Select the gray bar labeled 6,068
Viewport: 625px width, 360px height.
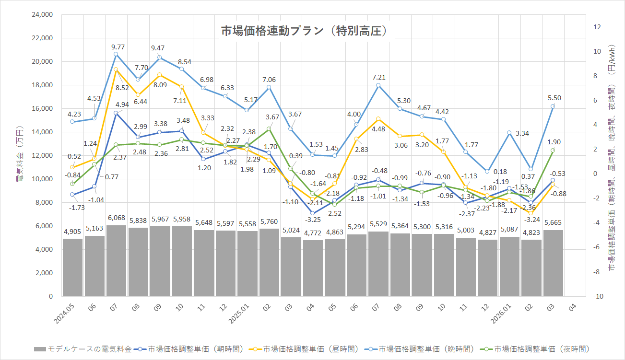point(116,261)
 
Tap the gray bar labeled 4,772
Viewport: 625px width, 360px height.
point(312,268)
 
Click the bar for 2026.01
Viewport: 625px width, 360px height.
point(509,266)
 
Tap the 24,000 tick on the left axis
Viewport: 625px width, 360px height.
point(42,15)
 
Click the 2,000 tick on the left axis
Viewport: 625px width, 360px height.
point(44,273)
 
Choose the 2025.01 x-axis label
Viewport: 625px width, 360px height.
point(246,312)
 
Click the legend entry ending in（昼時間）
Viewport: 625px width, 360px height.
point(317,349)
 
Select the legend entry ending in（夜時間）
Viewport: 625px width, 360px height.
point(542,349)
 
